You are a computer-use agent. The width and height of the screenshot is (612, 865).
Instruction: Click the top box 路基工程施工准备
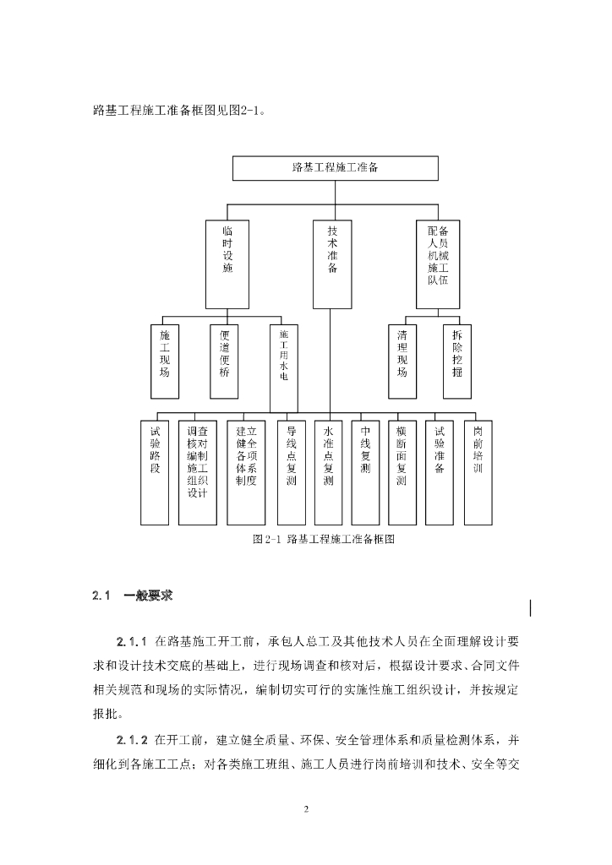point(335,168)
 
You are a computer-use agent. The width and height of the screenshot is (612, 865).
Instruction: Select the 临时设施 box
point(227,264)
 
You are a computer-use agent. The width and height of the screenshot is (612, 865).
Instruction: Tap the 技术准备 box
point(332,264)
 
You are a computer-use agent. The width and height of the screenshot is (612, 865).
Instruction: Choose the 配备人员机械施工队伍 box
point(439,264)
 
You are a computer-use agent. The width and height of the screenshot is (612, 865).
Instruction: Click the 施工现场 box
point(164,361)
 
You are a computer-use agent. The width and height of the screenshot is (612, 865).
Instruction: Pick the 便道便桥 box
point(224,361)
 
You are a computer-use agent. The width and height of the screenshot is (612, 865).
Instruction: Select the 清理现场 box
point(402,361)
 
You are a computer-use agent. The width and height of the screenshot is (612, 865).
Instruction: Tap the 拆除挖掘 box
point(456,361)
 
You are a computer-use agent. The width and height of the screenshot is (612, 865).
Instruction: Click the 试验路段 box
point(155,471)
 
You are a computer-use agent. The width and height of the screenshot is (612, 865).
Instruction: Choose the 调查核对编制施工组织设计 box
point(198,471)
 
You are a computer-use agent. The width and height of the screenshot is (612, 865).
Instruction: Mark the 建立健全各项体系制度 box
point(246,471)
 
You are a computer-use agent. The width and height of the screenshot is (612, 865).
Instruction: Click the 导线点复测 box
point(291,471)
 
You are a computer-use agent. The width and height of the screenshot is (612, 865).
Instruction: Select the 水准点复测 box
point(328,471)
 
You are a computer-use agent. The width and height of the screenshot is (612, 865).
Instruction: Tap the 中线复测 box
point(365,471)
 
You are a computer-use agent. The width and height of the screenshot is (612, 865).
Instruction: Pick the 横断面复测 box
point(402,471)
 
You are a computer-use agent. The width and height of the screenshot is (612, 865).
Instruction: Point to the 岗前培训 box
point(478,471)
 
